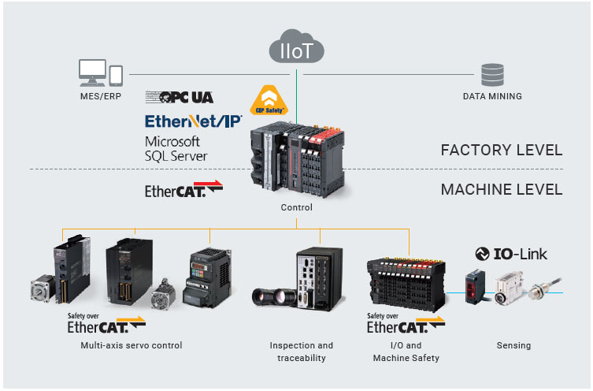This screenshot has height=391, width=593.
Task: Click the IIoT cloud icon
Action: tap(296, 49)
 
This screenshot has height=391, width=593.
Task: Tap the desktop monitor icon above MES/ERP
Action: tap(92, 73)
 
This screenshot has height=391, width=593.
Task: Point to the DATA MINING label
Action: tap(492, 96)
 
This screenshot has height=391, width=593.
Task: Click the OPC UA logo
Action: tap(180, 97)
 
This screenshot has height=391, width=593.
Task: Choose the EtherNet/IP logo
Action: tap(193, 121)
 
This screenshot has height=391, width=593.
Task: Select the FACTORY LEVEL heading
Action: tap(502, 150)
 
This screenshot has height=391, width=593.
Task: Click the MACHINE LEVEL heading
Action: tap(502, 190)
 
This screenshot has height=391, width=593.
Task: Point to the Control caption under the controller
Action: tap(296, 208)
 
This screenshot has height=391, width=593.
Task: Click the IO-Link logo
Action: tap(511, 254)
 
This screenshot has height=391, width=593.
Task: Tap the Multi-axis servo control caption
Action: tap(132, 345)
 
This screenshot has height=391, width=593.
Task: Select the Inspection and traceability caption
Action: tap(302, 352)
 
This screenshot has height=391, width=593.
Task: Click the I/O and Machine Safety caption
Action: tap(406, 352)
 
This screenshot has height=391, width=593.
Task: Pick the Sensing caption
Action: tap(513, 345)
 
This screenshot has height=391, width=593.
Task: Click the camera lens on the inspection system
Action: tap(272, 297)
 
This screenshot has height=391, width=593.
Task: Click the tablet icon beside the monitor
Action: tap(116, 75)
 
